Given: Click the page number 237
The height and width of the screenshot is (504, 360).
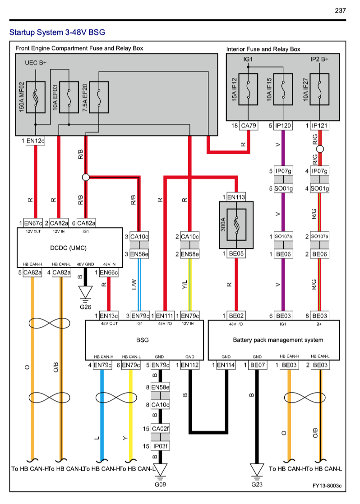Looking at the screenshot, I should click(340, 10).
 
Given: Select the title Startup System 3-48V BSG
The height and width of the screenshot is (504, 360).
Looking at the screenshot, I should click(57, 32).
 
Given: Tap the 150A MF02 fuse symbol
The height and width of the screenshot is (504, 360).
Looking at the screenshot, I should click(35, 97).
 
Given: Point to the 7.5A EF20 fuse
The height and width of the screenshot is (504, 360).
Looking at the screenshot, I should click(99, 97).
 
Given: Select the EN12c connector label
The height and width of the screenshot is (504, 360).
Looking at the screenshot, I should click(36, 141).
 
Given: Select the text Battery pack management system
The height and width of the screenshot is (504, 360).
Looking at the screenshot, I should click(278, 340).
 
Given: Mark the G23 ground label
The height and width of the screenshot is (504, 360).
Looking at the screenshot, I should click(257, 485).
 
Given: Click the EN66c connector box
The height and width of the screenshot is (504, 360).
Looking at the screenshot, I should click(109, 272).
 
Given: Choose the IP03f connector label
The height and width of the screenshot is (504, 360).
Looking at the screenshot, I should click(160, 446).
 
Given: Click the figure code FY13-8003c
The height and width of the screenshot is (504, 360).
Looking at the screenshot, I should click(327, 486).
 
